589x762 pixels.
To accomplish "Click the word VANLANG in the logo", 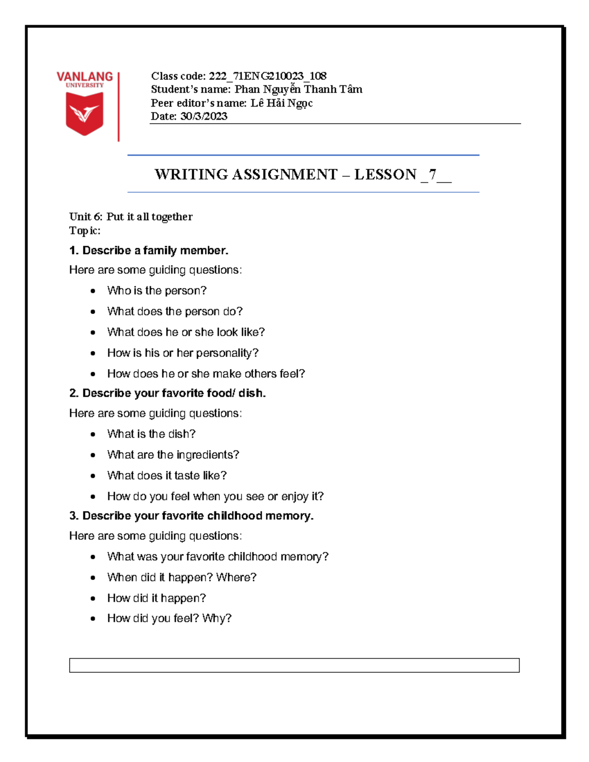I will coord(84,77).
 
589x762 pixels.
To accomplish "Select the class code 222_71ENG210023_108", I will coord(268,76).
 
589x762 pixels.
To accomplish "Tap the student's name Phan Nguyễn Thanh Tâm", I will coord(298,89).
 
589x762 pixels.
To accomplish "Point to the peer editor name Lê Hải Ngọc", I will coord(281,103).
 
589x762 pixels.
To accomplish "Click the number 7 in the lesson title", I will coord(432,175).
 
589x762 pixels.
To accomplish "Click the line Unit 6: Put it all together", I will coord(131,217).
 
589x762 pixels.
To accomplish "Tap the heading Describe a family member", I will coord(155,251).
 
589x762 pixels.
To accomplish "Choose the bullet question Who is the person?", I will coord(157,290).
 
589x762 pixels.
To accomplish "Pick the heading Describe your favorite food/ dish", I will coord(173,393).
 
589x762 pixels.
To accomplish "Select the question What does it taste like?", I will coord(167,475).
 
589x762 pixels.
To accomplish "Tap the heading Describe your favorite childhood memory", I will coord(197,516).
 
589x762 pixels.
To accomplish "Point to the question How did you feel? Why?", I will coord(169,618).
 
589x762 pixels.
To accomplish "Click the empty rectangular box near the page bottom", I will coord(294,665).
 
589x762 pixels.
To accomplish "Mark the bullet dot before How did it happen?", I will coord(93,599).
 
